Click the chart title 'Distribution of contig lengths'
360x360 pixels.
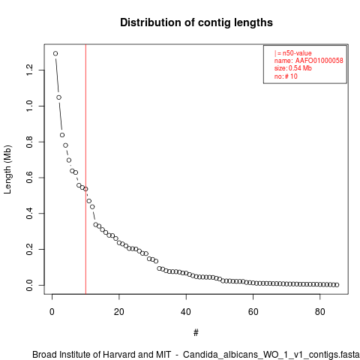point(196,22)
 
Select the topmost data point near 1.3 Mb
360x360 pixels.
point(55,53)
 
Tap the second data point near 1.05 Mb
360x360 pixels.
point(59,97)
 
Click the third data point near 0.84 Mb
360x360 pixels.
point(62,135)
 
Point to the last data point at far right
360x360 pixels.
point(337,285)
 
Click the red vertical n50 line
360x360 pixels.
point(85,169)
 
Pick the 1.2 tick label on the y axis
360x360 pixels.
point(29,70)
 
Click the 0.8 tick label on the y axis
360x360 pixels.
point(29,142)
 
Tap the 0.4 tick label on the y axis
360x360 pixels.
point(29,214)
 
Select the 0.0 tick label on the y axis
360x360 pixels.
point(29,285)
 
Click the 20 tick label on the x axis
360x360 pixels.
point(119,312)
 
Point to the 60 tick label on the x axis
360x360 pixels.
point(253,312)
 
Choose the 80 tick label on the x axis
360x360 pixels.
point(320,312)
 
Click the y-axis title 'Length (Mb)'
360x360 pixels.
point(7,169)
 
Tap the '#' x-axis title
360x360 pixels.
point(196,332)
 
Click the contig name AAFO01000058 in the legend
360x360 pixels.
point(319,61)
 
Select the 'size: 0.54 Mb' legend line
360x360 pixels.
point(293,68)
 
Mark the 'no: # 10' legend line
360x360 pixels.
point(286,76)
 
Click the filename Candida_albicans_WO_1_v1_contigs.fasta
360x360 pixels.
point(271,355)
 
